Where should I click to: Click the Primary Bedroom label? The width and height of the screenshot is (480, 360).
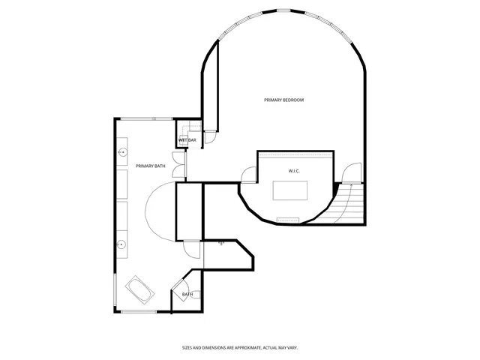click(x=283, y=100)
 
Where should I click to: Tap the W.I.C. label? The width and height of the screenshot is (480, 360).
click(x=294, y=171)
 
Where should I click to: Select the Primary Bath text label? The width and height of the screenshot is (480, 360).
click(x=150, y=166)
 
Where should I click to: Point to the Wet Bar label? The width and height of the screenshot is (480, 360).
click(x=187, y=140)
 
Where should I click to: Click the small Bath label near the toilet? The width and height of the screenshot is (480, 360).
click(x=187, y=294)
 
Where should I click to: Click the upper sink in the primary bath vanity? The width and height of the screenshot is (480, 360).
click(x=122, y=152)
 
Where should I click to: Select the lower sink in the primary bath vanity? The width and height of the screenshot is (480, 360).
click(x=122, y=244)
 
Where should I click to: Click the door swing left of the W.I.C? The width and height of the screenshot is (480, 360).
click(x=248, y=175)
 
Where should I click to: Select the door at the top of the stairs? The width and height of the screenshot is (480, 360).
click(x=349, y=173)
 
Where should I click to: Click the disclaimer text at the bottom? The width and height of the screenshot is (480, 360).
click(x=240, y=347)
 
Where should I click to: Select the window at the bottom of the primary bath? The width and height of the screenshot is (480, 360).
click(x=139, y=311)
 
